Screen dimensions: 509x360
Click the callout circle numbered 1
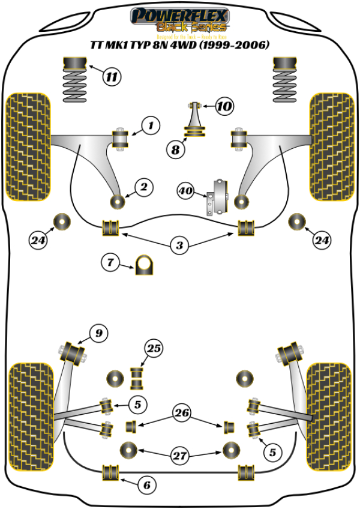151,125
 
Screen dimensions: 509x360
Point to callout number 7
110,262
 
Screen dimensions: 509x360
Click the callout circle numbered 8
175,150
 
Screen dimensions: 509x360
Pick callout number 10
224,107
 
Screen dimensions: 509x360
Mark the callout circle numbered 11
111,76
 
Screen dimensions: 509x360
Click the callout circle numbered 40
185,191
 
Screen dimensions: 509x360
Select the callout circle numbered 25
154,348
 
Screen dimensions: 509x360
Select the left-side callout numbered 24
38,241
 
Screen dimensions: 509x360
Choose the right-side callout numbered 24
322,241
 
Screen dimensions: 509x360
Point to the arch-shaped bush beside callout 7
144,265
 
